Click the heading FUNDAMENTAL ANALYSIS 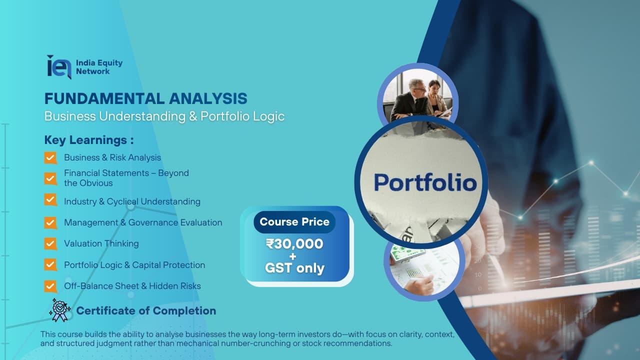(145, 98)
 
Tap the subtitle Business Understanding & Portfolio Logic (164, 116)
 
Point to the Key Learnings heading (89, 140)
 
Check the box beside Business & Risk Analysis (50, 158)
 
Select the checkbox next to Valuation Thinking (50, 243)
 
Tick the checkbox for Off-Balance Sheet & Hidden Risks (50, 286)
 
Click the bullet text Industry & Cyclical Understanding (132, 201)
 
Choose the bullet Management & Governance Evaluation (143, 222)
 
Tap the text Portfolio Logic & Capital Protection (134, 265)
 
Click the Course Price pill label (294, 221)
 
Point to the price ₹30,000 (294, 244)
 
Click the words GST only (294, 268)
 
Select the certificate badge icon (59, 310)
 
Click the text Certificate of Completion (146, 311)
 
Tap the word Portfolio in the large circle (425, 182)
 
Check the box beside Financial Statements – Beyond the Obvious (50, 178)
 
